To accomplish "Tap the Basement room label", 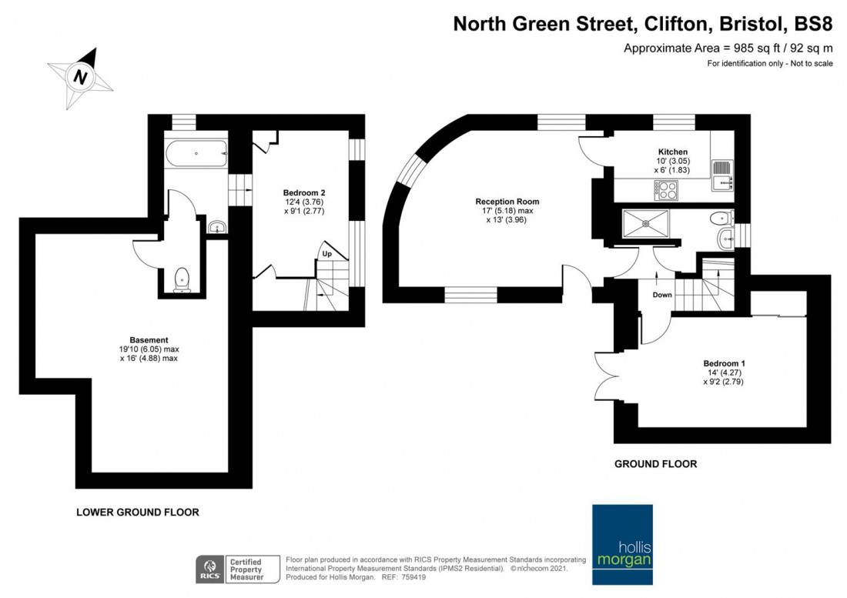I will coord(149,339).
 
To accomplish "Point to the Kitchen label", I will coord(672,152).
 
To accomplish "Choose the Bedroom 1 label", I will coord(724,362).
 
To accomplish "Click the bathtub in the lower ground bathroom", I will coord(196,154).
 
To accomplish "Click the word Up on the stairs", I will coord(327,253).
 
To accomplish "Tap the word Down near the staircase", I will coord(662,295).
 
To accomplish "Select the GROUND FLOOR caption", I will coord(655,464).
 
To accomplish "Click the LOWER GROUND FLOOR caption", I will coord(137,512).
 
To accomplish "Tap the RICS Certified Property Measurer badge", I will coord(230,569).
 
